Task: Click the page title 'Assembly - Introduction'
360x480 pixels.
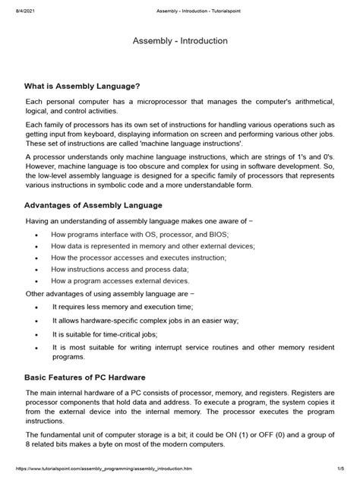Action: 179,40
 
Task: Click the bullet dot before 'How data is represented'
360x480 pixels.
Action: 38,246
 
